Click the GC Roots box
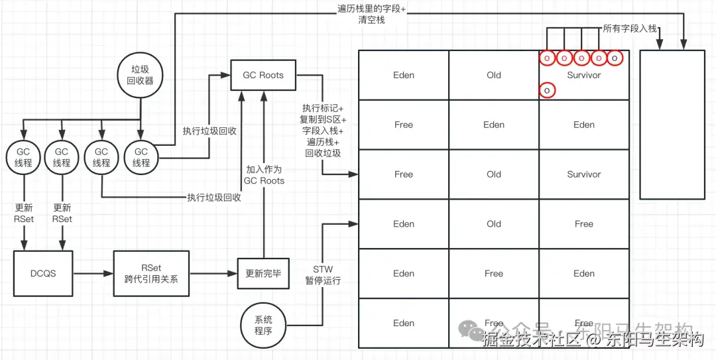click(263, 75)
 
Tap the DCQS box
click(43, 273)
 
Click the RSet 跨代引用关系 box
click(151, 273)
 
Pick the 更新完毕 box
click(263, 273)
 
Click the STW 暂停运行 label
click(323, 274)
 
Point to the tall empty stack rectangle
click(672, 124)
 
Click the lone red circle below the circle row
click(547, 90)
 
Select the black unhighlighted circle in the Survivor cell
click(615, 58)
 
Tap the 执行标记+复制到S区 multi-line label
click(322, 130)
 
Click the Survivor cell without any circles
click(583, 174)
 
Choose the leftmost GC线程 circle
click(23, 157)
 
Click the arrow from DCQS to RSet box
click(93, 273)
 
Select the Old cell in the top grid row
click(493, 75)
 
